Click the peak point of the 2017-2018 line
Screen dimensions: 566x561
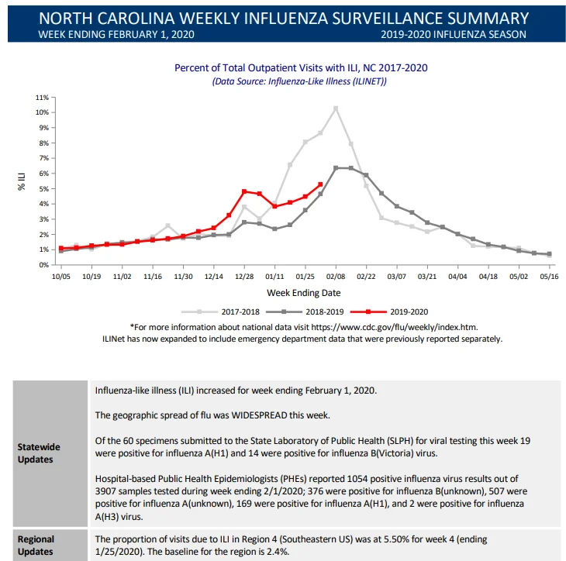(336, 108)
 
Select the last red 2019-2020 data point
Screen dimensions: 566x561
(320, 184)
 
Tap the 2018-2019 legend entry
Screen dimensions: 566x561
(305, 311)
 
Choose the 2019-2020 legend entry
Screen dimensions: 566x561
(389, 311)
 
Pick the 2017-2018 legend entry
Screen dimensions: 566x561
(220, 311)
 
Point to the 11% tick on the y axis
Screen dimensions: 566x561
(42, 98)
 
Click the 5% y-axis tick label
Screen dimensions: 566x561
(43, 189)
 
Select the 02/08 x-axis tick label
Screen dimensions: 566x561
(336, 277)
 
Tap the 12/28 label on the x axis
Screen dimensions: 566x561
(244, 277)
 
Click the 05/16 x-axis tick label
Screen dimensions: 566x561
(549, 277)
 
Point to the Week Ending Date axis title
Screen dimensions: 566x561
(304, 293)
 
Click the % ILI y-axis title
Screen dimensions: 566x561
(22, 181)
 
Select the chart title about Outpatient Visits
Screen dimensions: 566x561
(301, 68)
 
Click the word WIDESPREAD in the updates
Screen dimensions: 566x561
(259, 415)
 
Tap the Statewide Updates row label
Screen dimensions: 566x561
(39, 453)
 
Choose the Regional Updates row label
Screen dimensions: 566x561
(36, 546)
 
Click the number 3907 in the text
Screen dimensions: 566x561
(105, 491)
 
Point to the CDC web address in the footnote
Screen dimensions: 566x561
(395, 327)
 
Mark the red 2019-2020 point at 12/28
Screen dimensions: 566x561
(244, 191)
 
